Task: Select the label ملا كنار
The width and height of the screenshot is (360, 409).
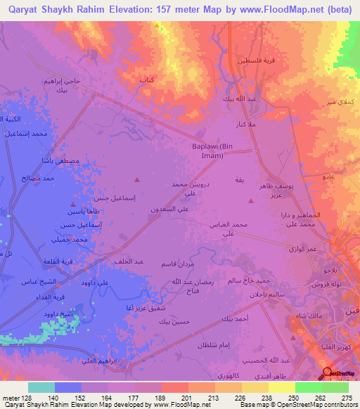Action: [245, 124]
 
